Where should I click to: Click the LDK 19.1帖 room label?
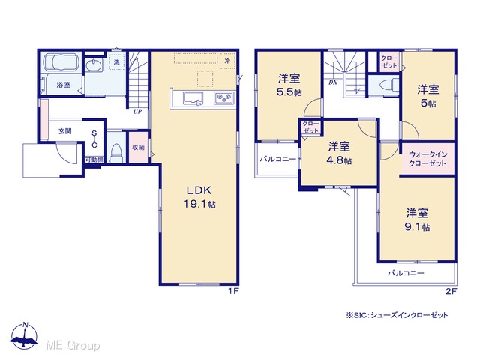coord(199,197)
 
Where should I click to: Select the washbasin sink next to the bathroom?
coord(94,65)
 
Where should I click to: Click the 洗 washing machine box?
coord(117,61)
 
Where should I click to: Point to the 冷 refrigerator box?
coord(227,61)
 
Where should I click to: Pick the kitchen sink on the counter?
coord(193,98)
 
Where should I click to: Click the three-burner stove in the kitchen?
coord(224,98)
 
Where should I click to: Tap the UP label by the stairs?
coord(137,112)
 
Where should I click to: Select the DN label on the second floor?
coord(333,82)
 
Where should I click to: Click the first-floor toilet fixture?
coord(116,152)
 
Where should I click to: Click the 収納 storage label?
coord(138,148)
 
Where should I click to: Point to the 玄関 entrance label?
coord(65,131)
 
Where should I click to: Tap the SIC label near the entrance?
coord(94,139)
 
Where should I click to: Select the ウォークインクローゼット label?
coord(427,159)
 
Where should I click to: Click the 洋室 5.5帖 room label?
coord(289,85)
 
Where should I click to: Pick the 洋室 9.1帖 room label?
coord(417,220)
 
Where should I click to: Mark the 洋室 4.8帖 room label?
coord(339,153)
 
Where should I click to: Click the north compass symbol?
coord(25,335)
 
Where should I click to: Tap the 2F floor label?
coord(451,291)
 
